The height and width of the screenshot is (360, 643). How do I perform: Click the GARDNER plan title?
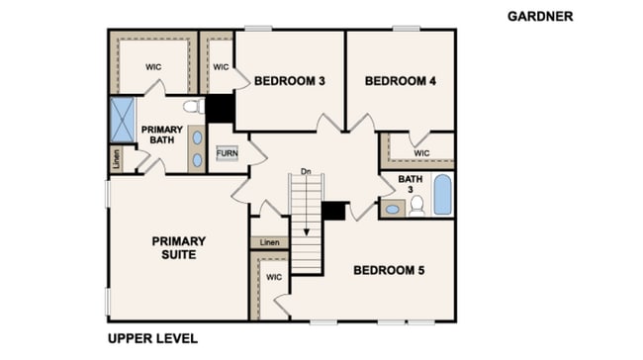(x=540, y=17)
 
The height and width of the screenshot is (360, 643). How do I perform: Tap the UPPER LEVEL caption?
(x=152, y=338)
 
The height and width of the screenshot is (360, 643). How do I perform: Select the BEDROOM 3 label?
(x=290, y=81)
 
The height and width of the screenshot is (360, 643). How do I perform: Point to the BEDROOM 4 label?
(x=401, y=81)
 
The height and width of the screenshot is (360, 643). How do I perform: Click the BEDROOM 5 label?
(x=389, y=270)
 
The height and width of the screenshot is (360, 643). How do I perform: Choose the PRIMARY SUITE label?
(x=179, y=247)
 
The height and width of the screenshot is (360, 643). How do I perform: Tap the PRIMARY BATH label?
(x=162, y=135)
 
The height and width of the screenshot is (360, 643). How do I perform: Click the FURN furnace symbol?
(x=227, y=153)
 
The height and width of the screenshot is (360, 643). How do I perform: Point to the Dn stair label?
(x=306, y=171)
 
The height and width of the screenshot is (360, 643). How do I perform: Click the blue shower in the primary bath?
(x=123, y=120)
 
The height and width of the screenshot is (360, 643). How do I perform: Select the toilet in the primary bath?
(x=194, y=106)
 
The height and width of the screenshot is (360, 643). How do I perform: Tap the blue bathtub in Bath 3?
(x=442, y=195)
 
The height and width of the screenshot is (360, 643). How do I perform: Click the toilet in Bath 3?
(x=417, y=206)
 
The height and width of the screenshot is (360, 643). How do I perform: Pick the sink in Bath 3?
(x=393, y=209)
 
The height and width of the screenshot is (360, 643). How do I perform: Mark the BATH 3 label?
(x=411, y=184)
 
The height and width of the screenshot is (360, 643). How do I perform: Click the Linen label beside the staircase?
(x=269, y=242)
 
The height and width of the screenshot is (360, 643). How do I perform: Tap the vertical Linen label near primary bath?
(x=117, y=159)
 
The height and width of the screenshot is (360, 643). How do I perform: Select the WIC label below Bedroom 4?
(x=421, y=153)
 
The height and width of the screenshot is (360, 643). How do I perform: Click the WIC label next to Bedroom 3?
(x=221, y=67)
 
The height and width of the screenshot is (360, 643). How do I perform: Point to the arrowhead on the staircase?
(x=307, y=232)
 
